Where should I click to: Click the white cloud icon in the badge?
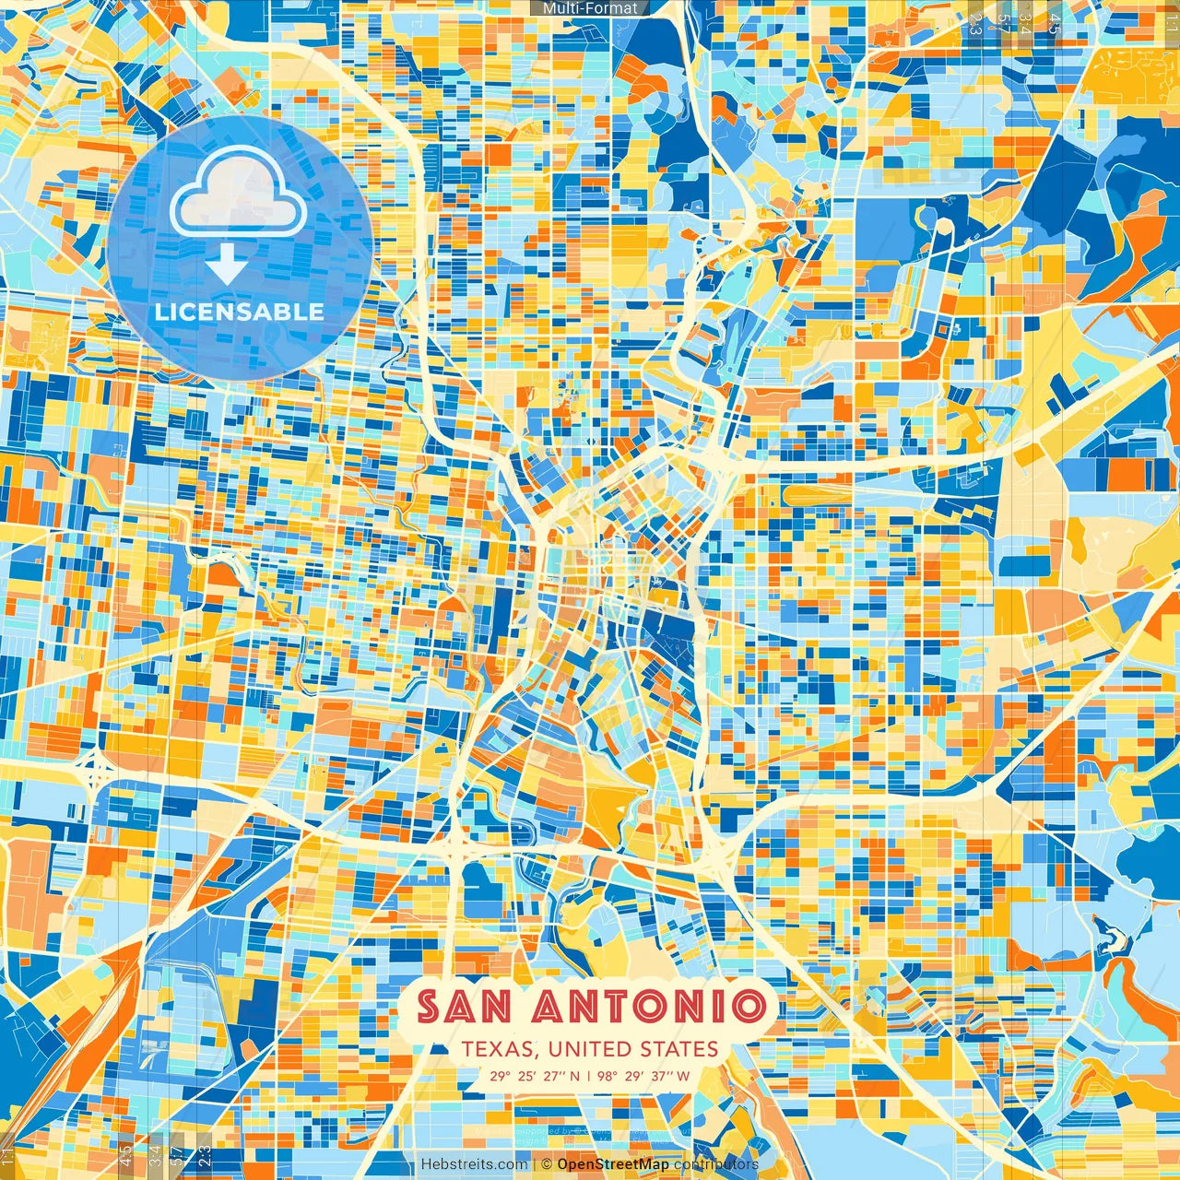pyautogui.click(x=239, y=195)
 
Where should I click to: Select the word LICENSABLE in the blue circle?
pyautogui.click(x=239, y=312)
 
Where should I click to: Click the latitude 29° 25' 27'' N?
pyautogui.click(x=535, y=1075)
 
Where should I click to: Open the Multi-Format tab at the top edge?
pyautogui.click(x=590, y=8)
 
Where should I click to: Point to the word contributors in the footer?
pyautogui.click(x=716, y=1164)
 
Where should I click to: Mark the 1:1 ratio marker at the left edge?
pyautogui.click(x=8, y=1155)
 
